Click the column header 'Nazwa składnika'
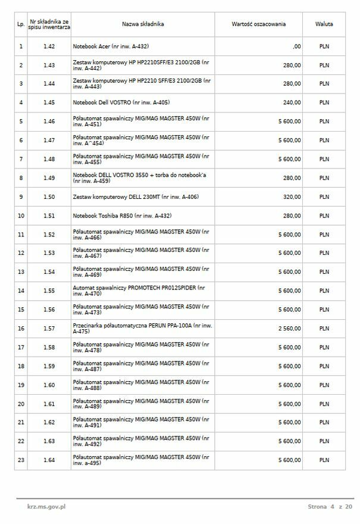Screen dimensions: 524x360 143,24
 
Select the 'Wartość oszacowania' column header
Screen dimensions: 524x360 258,24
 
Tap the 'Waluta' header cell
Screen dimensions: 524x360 324,24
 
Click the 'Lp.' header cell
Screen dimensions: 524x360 21,24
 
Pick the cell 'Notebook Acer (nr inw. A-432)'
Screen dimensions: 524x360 111,46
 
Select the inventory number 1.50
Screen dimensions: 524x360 49,196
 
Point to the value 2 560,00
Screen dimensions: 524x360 289,329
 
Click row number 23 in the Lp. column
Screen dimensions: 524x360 21,460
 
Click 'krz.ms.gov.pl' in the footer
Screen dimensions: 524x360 46,507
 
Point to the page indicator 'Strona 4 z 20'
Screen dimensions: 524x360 330,507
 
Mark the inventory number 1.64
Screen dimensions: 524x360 49,460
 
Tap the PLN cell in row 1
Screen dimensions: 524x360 324,46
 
